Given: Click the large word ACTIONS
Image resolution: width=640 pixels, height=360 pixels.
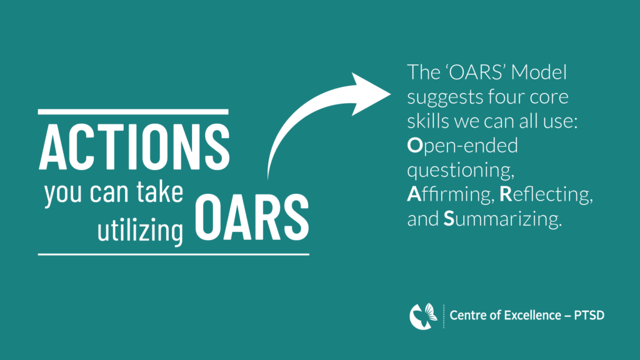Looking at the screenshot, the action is point(134,146).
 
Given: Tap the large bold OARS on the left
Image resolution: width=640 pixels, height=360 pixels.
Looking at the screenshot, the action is point(252,217).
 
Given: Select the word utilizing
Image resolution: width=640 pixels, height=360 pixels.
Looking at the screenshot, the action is point(140,229).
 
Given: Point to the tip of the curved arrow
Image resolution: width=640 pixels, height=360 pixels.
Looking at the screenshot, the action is point(390,94).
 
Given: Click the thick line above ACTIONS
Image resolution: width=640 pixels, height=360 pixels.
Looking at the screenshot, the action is point(133,112).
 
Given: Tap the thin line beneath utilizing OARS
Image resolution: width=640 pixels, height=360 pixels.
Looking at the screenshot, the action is point(174,254).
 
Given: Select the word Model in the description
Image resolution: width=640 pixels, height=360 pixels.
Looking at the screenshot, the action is point(539,72).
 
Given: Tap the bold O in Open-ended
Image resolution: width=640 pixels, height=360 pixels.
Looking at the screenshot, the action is point(415,145).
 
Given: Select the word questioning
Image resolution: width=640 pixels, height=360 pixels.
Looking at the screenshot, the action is point(461,171).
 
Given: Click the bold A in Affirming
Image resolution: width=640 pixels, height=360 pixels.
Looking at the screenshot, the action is point(414,194).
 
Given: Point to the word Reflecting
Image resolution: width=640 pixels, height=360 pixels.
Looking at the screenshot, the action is point(546,194).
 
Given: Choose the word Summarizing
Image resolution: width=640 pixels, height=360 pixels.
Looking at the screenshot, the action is point(502,219).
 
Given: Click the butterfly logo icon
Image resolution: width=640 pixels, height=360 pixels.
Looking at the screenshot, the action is point(423,316).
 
